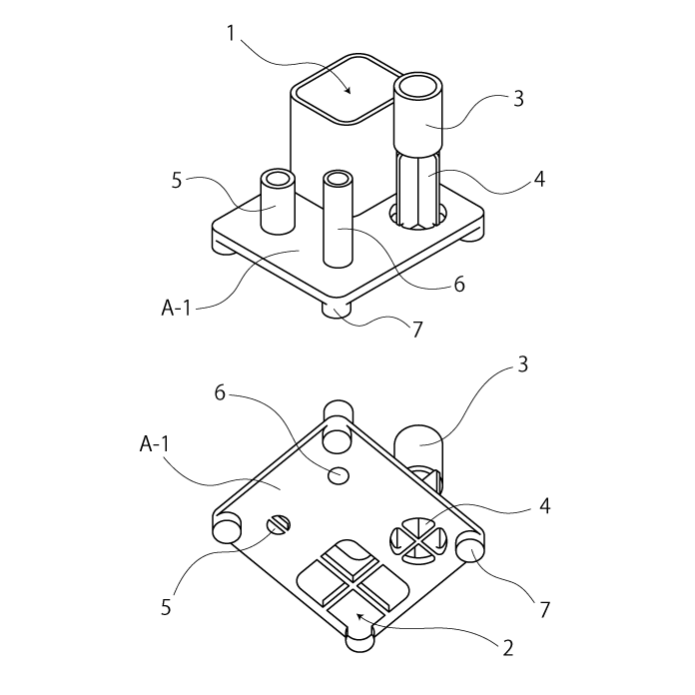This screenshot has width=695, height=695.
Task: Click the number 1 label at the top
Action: (231, 34)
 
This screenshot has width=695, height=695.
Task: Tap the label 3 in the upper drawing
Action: (518, 99)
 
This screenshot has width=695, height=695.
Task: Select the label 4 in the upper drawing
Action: (539, 179)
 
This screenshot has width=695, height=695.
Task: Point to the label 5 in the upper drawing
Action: (177, 181)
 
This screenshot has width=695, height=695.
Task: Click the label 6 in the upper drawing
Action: (459, 284)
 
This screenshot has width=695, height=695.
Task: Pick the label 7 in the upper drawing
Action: (417, 330)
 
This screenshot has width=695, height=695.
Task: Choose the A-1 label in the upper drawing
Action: (176, 308)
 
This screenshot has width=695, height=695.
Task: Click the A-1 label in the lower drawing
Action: (154, 443)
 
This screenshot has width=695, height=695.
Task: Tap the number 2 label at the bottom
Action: (508, 648)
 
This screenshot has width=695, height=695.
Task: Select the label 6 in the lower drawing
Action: (220, 392)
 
